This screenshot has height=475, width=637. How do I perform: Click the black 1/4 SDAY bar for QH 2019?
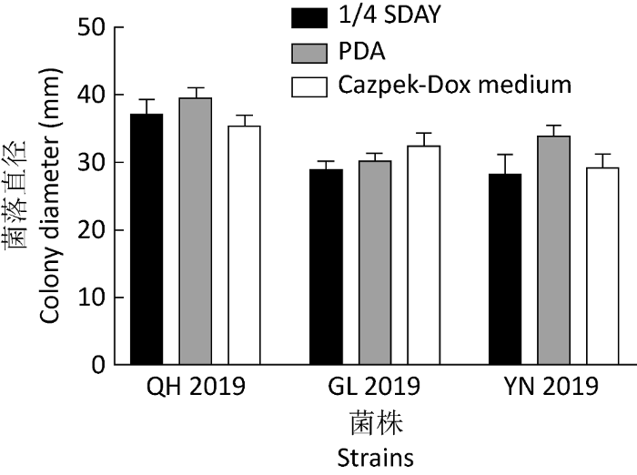(x=147, y=239)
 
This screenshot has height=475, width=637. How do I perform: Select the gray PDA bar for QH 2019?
(x=195, y=231)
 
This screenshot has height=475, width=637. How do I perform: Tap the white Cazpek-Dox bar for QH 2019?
(x=244, y=246)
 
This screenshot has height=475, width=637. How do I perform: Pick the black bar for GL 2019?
(x=326, y=267)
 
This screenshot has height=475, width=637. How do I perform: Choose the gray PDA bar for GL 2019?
(x=374, y=263)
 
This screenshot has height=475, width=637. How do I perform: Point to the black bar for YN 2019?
(x=505, y=269)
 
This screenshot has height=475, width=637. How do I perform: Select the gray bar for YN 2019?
(x=553, y=250)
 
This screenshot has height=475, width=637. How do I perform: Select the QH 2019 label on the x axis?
(x=196, y=388)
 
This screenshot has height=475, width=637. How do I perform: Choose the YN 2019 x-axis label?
(x=553, y=388)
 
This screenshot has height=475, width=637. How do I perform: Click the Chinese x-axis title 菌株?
(x=374, y=423)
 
